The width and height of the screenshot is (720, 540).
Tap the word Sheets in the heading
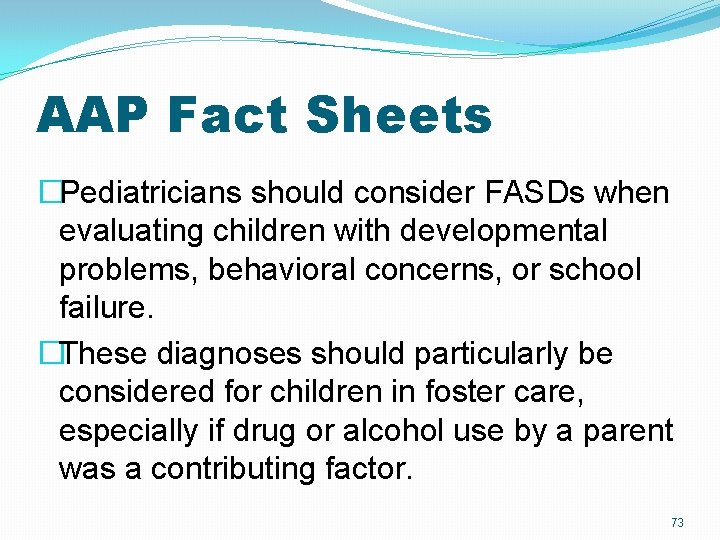pos(400,115)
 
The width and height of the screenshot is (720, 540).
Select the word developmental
pos(503,231)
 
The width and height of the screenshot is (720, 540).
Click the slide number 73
pos(677,523)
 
